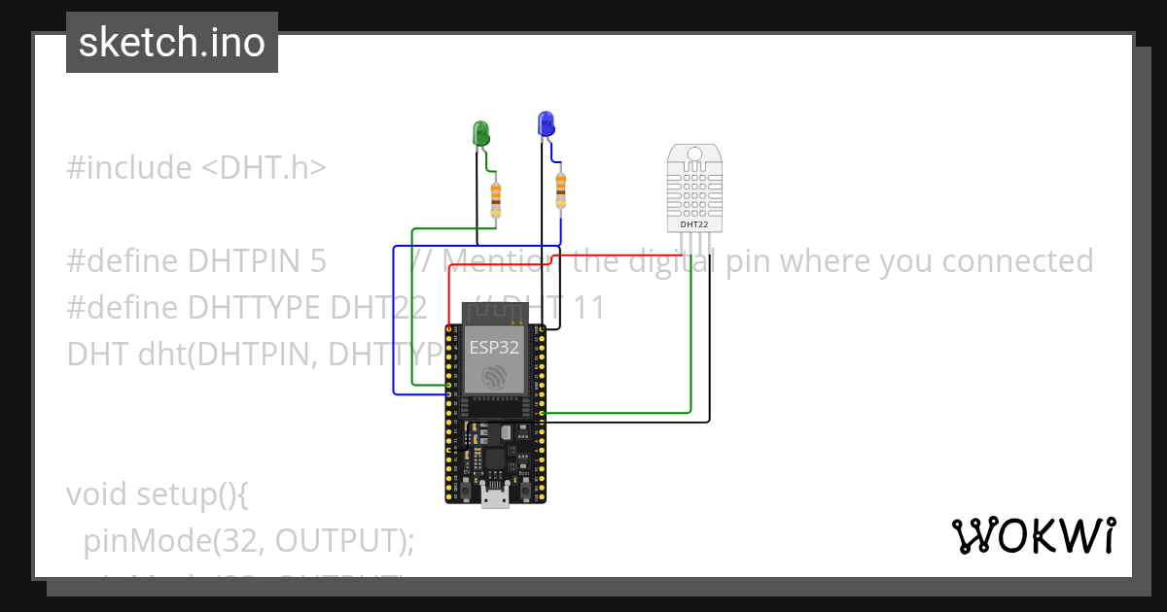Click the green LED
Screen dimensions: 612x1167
(x=480, y=133)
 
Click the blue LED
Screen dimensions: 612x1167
(x=546, y=123)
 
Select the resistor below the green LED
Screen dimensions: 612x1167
(x=496, y=200)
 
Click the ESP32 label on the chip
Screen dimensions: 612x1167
(x=493, y=347)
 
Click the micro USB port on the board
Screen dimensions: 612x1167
(x=495, y=499)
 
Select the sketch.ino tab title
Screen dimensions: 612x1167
(x=172, y=43)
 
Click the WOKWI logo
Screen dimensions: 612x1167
(x=1033, y=535)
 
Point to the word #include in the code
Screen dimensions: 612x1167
(x=129, y=168)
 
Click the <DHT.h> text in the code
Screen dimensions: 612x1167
(x=264, y=168)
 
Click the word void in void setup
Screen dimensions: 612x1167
(x=100, y=494)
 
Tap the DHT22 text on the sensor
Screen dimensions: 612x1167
(x=694, y=224)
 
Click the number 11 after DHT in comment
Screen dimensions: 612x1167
(x=587, y=308)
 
